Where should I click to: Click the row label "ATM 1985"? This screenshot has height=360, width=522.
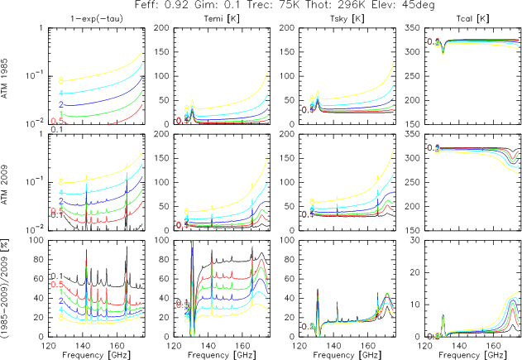[x=7, y=76]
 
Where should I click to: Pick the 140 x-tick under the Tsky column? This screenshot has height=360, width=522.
[x=334, y=344]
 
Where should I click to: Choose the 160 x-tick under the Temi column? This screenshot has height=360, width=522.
[x=247, y=344]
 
